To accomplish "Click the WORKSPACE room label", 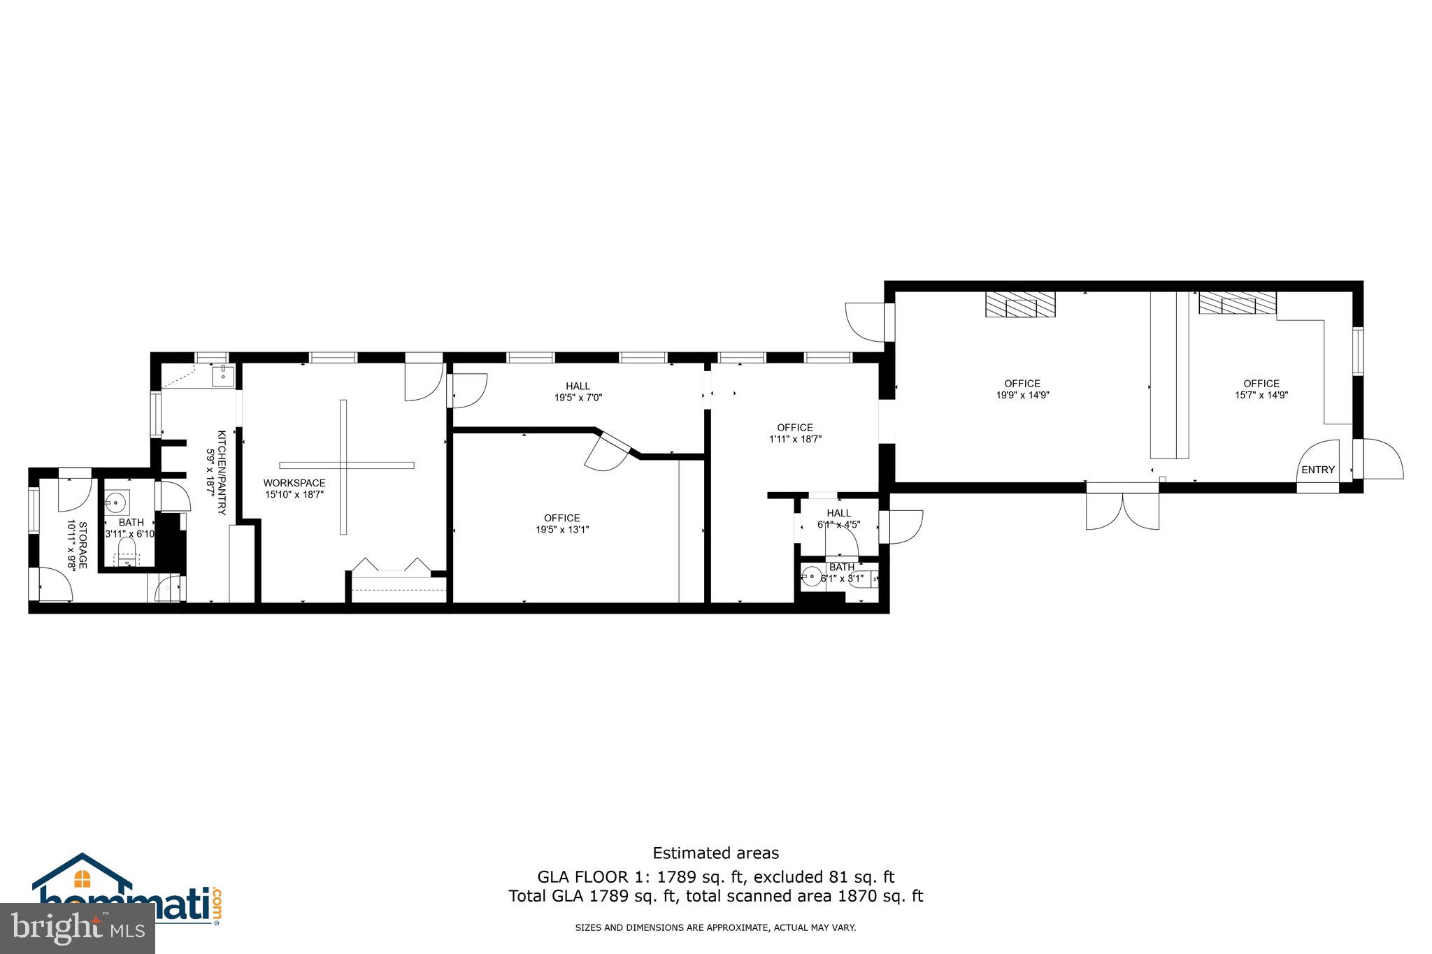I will coord(294,483).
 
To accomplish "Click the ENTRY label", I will coord(1317,470).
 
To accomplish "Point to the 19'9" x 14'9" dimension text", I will coord(1022,395).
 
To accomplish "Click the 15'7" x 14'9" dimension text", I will coord(1261,395).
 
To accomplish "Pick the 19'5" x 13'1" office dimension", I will coord(561,530).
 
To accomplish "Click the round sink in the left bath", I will coord(116,502).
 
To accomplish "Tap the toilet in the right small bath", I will coord(861,579).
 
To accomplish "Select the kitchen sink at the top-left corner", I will coord(223,375).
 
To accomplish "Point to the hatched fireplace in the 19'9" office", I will coord(1020,305).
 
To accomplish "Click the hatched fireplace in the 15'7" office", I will coord(1237,303).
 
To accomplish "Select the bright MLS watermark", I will coord(77,928).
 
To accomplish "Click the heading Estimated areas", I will coord(715,853).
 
